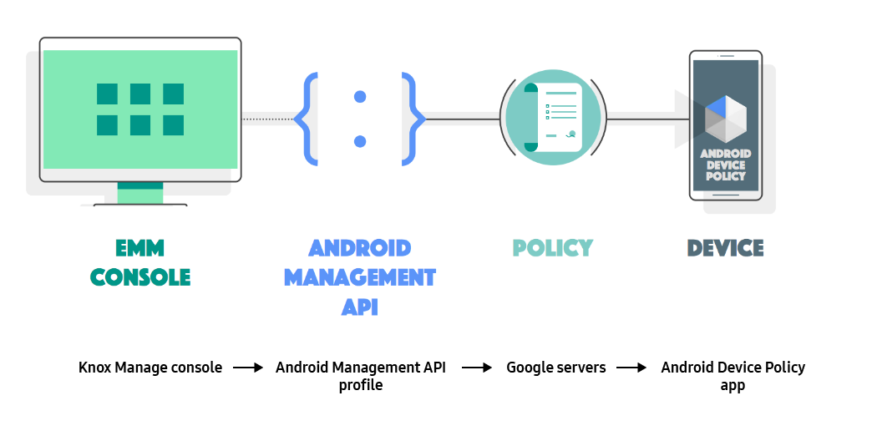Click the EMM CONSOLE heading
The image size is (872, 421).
tap(140, 262)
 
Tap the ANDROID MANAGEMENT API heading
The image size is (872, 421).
tap(360, 276)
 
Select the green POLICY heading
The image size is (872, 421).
tap(552, 248)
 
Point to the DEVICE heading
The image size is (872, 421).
tap(725, 248)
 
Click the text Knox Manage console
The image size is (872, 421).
tap(150, 368)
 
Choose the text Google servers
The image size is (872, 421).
tap(556, 368)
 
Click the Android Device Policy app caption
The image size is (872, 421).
tap(733, 376)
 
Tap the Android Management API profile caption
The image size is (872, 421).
tap(360, 376)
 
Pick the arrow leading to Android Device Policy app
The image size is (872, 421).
tap(632, 368)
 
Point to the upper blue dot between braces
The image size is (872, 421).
tap(360, 97)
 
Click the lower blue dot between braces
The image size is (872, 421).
tap(360, 140)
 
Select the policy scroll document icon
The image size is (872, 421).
tap(552, 118)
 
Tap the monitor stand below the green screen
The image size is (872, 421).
tap(140, 194)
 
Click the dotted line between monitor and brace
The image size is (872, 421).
tap(267, 119)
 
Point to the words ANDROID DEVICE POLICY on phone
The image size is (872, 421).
tap(724, 165)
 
